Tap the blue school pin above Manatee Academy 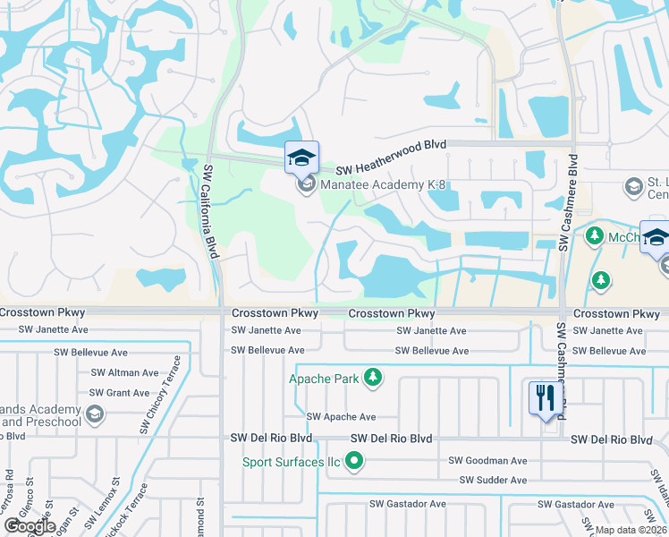(x=301, y=158)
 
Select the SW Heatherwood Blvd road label (x=391, y=170)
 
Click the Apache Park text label (x=323, y=379)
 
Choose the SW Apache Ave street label (x=341, y=417)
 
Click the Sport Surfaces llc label (x=292, y=463)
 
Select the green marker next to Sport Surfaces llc (x=355, y=463)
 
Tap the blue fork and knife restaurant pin (x=544, y=398)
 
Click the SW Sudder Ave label (x=493, y=481)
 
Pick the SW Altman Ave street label (x=124, y=372)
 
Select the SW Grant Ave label (x=120, y=393)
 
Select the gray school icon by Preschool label (x=97, y=415)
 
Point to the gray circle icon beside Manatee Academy (x=306, y=185)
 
